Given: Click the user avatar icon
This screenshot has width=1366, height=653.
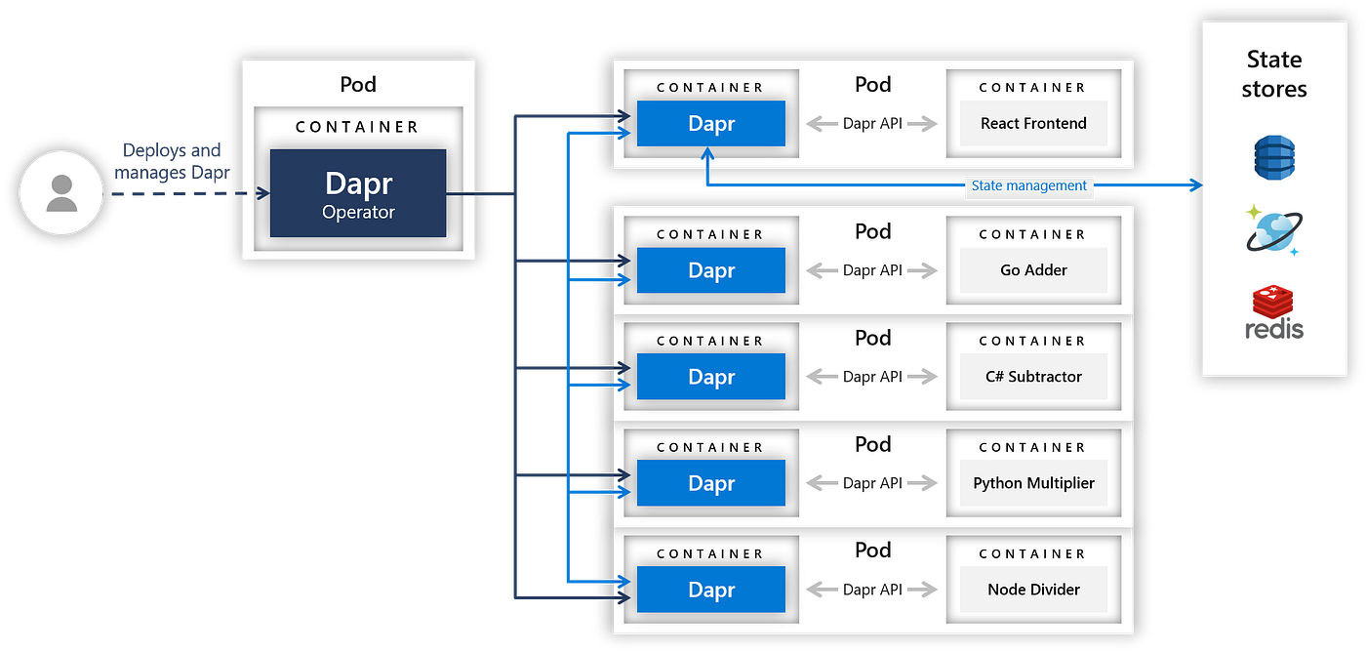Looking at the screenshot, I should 61,192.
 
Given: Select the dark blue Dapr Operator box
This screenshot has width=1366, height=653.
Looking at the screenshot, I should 358,193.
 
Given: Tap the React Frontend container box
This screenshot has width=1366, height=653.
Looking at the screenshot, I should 1033,124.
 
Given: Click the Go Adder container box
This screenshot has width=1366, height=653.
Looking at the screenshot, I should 1033,270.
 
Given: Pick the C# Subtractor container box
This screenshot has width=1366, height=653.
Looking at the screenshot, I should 1033,377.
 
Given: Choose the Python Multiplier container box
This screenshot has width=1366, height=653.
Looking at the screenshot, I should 1033,483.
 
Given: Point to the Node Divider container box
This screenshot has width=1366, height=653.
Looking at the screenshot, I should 1033,590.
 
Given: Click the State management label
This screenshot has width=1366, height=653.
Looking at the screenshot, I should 1028,185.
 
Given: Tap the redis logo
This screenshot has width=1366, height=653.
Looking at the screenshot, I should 1273,312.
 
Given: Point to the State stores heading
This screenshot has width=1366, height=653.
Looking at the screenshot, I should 1273,74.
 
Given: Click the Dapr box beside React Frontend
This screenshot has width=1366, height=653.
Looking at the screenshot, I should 710,124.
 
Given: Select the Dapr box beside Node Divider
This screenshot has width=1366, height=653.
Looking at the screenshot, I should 710,590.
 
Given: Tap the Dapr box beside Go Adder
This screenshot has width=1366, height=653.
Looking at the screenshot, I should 710,270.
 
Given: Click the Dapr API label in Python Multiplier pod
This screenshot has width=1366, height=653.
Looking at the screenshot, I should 872,483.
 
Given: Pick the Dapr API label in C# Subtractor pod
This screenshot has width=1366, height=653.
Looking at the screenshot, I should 872,377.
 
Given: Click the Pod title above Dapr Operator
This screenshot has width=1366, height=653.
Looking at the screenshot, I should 358,84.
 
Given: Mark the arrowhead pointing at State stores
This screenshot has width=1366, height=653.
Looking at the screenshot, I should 1193,185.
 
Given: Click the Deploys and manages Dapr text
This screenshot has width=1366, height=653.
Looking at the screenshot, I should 172,161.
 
